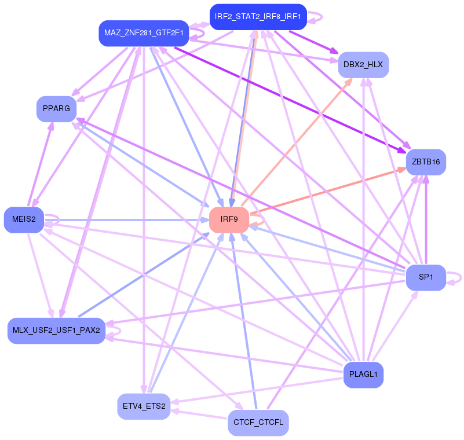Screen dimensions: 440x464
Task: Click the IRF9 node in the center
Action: click(x=229, y=219)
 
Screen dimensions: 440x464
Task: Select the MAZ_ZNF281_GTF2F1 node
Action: click(x=144, y=33)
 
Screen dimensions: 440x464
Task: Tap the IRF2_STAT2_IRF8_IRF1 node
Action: click(x=257, y=17)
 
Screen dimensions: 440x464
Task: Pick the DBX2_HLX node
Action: click(x=363, y=64)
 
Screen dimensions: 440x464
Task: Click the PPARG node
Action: click(x=56, y=108)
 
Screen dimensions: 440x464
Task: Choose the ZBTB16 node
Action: click(x=426, y=162)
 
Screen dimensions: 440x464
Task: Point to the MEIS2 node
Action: click(x=24, y=219)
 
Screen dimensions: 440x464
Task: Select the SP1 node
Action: click(x=426, y=277)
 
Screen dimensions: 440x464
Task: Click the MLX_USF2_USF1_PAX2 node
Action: click(x=56, y=331)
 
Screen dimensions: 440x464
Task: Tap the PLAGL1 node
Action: click(x=363, y=375)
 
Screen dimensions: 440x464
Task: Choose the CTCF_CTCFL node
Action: click(x=258, y=422)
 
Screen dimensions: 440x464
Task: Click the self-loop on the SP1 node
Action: click(x=456, y=278)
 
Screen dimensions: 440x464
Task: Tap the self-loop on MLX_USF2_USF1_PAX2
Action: click(x=115, y=331)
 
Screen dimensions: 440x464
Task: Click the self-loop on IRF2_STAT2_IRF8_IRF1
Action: click(x=316, y=17)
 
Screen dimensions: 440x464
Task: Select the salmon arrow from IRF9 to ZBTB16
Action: click(x=324, y=192)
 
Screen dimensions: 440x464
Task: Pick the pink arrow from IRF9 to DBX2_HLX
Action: click(x=295, y=139)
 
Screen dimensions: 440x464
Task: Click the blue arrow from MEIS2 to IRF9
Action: click(x=127, y=220)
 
